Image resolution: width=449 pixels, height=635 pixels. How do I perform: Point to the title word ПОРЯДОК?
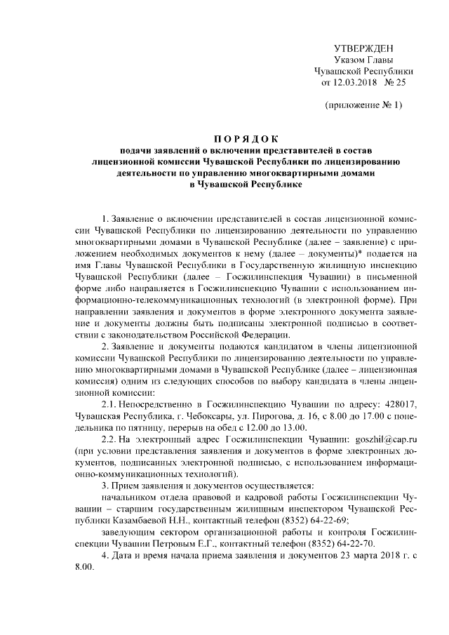coord(224,138)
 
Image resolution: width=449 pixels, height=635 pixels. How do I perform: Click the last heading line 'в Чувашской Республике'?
coord(224,184)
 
